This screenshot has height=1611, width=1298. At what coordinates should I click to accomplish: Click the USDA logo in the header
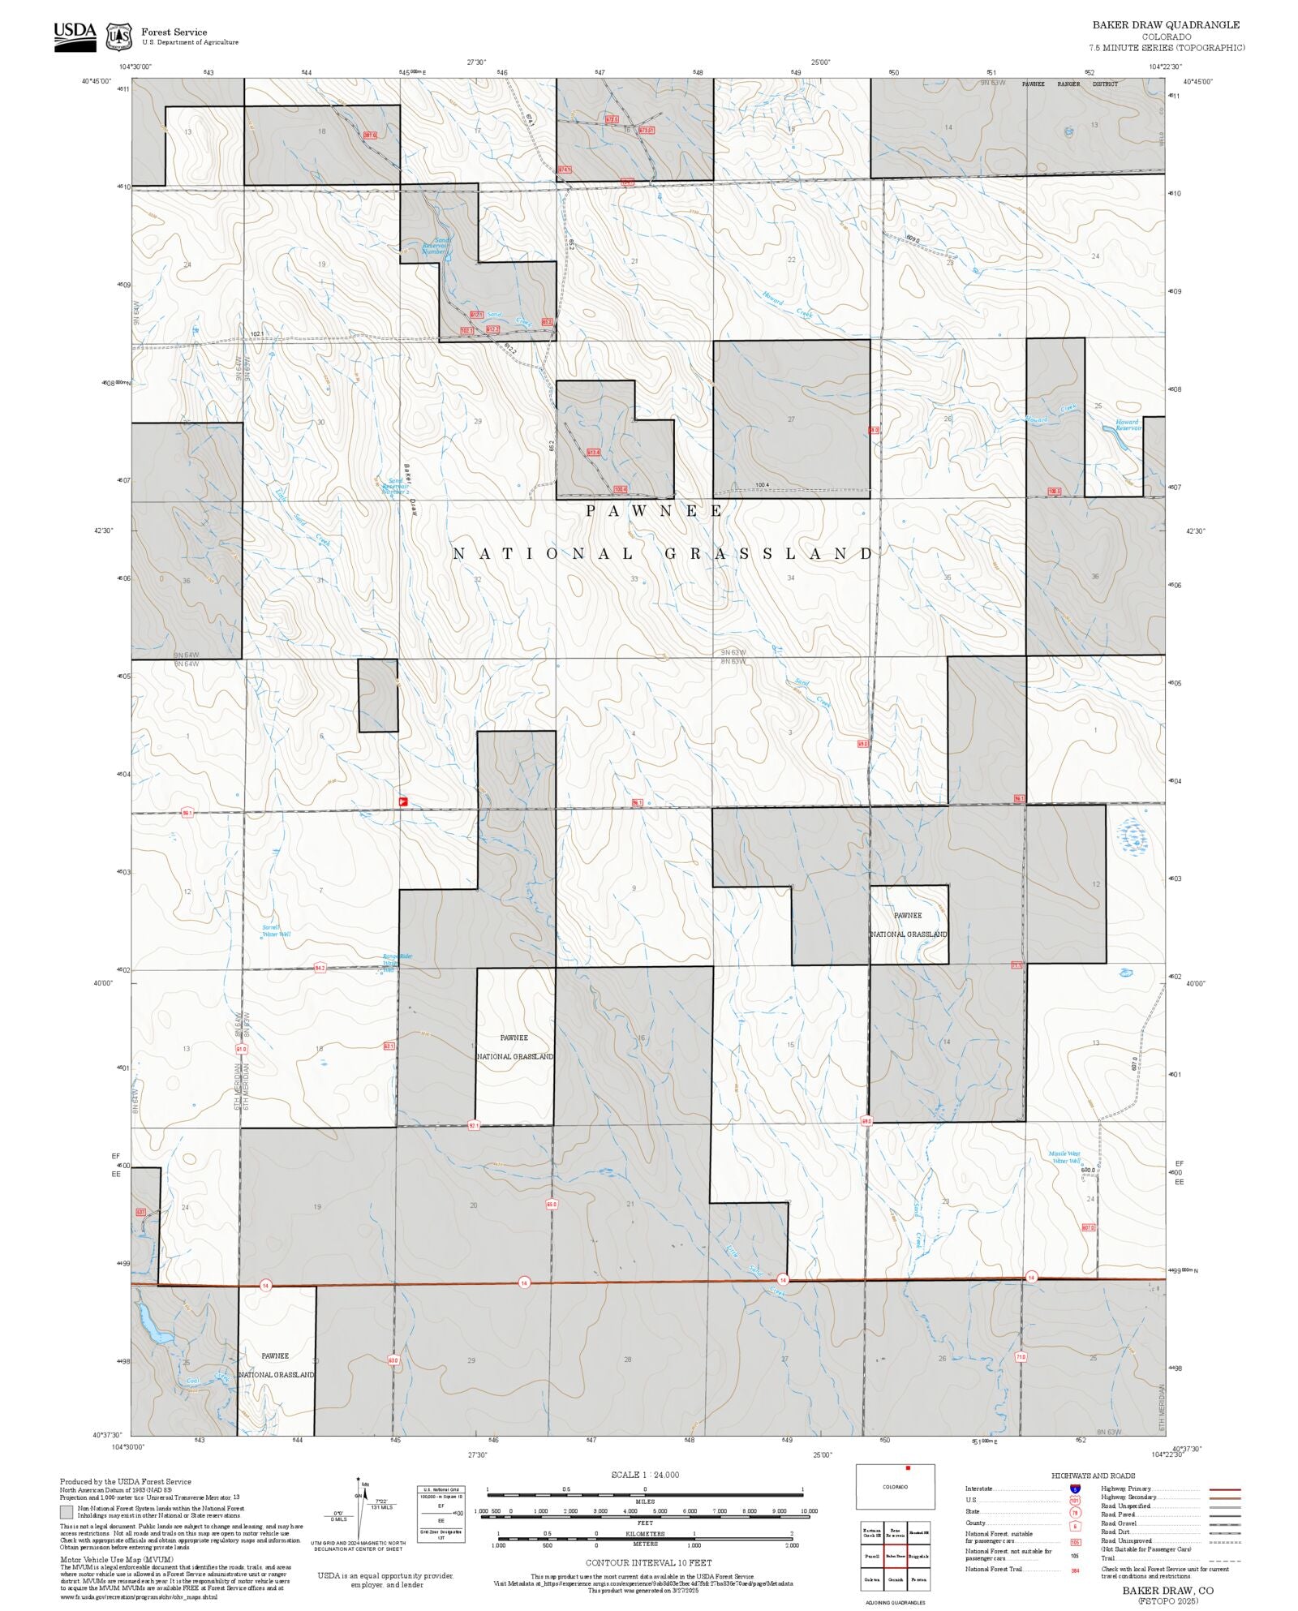tap(75, 37)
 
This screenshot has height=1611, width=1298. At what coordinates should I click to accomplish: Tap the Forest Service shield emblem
tap(119, 37)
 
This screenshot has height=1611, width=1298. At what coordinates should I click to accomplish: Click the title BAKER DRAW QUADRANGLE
tap(1165, 25)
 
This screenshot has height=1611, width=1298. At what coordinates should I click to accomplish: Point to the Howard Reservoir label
tap(1128, 425)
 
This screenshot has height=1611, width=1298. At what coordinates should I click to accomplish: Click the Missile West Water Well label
tap(1064, 1158)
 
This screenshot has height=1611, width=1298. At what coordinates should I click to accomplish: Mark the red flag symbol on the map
tap(403, 801)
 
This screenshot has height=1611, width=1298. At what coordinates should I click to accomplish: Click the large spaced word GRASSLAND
tap(768, 554)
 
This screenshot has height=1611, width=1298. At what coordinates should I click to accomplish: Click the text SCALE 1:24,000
tap(645, 1475)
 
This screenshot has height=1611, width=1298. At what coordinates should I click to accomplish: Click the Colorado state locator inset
tap(895, 1486)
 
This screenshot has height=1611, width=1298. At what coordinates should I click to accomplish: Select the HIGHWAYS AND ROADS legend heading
tap(1093, 1476)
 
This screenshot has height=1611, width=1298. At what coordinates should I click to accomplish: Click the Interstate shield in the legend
tap(1075, 1489)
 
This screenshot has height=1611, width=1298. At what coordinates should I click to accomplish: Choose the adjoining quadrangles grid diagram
tap(895, 1556)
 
